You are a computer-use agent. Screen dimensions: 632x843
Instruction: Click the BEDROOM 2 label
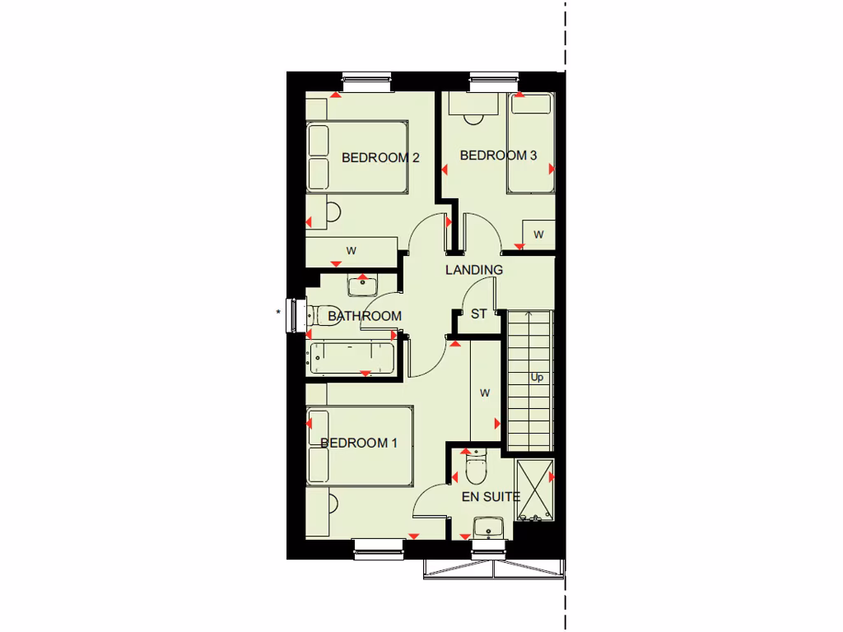click(x=380, y=157)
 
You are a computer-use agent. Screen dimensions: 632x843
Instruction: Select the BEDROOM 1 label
click(x=359, y=444)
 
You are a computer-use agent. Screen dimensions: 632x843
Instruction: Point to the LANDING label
click(x=474, y=270)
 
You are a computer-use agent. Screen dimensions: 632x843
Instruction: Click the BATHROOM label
click(x=365, y=316)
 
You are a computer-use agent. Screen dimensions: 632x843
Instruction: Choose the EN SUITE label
click(x=491, y=496)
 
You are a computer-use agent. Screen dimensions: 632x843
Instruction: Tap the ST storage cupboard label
click(x=479, y=314)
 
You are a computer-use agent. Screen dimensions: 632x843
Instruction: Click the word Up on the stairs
click(x=537, y=378)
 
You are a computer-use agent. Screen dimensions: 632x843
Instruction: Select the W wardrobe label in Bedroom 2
click(x=351, y=250)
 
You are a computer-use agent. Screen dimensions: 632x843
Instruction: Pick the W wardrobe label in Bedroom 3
click(x=538, y=235)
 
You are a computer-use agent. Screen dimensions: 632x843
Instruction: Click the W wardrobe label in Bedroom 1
click(x=485, y=393)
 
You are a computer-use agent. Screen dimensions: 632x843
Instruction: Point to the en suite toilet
click(x=475, y=469)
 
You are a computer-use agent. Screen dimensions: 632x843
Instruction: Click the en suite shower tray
click(x=534, y=490)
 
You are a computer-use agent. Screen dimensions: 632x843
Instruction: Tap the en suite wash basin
click(x=489, y=526)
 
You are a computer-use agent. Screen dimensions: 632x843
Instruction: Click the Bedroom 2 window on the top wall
click(x=367, y=81)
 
